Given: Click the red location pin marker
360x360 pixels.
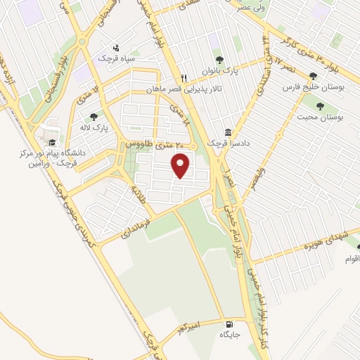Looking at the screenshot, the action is pyautogui.click(x=181, y=166).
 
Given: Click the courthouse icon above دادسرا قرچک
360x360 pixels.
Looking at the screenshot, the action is pyautogui.click(x=229, y=131).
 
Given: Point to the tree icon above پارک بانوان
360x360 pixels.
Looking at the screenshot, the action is pyautogui.click(x=219, y=60).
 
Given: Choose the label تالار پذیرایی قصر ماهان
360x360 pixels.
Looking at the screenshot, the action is pyautogui.click(x=178, y=89).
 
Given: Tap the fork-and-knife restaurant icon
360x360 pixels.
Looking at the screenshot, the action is pyautogui.click(x=184, y=78).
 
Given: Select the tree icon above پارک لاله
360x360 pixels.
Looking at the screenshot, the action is pyautogui.click(x=94, y=117).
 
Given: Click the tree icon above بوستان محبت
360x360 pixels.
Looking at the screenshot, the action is pyautogui.click(x=320, y=106).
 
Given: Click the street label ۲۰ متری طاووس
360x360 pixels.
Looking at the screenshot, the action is pyautogui.click(x=154, y=143).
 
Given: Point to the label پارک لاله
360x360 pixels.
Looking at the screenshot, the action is pyautogui.click(x=94, y=127).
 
